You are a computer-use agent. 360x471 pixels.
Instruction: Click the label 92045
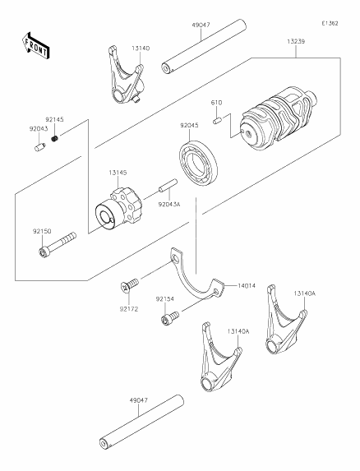coord(190,127)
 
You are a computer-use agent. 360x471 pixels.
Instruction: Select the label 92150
coord(43,233)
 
